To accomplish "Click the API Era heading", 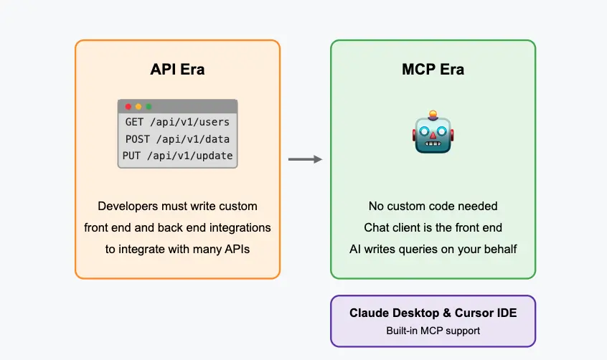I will pos(177,70).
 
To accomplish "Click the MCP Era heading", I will pos(433,70).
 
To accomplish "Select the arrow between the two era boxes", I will pos(305,159).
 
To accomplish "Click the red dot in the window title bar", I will pos(128,107).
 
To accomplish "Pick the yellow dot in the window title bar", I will pos(138,107).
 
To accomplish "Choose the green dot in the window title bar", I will pos(149,107).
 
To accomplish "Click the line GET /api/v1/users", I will pos(177,122).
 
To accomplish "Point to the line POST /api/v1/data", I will pos(177,139).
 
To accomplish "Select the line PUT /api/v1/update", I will pos(177,156).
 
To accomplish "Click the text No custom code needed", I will pos(433,207).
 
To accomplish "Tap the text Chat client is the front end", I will pos(433,228).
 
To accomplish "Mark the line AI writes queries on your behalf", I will pos(433,249).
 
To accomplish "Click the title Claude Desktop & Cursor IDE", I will pos(433,313).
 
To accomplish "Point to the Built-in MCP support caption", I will pos(433,331).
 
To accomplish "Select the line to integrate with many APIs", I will pos(177,249).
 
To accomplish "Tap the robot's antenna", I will pos(433,114).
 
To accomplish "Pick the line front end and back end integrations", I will pos(177,228).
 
